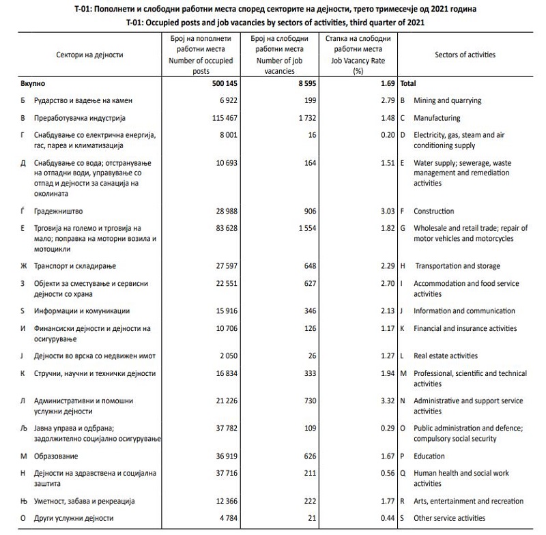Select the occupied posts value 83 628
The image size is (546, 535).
218,228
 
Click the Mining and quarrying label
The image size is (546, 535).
448,100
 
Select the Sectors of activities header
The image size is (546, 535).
465,55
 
